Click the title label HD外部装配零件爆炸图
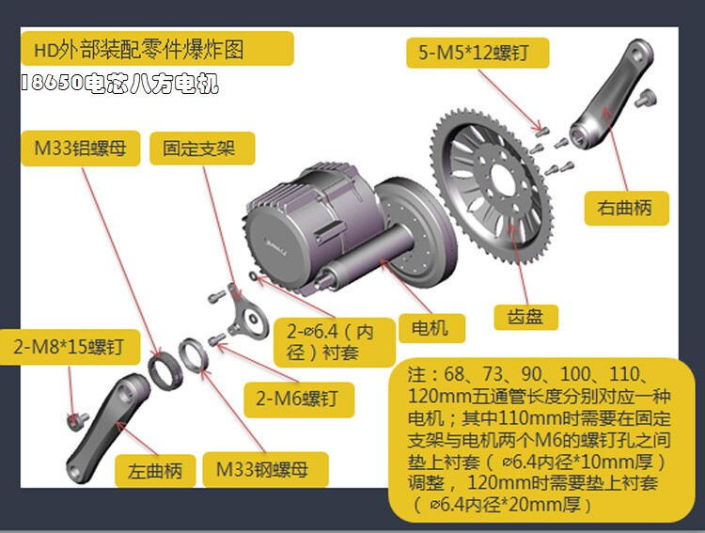pos(157,49)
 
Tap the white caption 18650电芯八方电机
pos(120,84)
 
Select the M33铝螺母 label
pos(81,149)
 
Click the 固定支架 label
pos(202,149)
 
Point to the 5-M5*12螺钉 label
pos(478,53)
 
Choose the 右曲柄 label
pos(626,209)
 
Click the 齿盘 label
pos(526,317)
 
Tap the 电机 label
pos(431,328)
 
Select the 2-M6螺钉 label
pos(299,400)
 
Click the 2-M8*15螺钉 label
pos(70,347)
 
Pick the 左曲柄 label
pos(155,471)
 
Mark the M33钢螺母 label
pos(265,470)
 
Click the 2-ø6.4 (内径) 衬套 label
pos(335,342)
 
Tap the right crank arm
pos(612,95)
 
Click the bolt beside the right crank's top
pos(646,99)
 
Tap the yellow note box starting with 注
pos(540,440)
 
